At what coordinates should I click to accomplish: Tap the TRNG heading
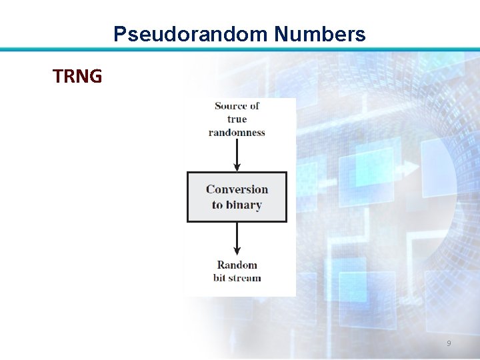click(x=77, y=77)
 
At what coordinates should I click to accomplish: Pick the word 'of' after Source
click(x=253, y=106)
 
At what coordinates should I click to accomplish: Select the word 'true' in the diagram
click(x=237, y=119)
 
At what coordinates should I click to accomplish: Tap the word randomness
click(x=237, y=133)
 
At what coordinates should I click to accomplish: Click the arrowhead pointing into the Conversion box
click(x=237, y=167)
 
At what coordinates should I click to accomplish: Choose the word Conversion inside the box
click(x=237, y=189)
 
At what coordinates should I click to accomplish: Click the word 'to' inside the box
click(x=217, y=205)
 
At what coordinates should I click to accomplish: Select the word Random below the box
click(x=237, y=265)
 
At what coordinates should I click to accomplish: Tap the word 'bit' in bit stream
click(x=220, y=278)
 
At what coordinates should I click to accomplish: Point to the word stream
click(x=245, y=278)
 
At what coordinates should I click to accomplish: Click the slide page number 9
click(x=448, y=343)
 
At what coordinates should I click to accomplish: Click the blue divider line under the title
click(x=240, y=49)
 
